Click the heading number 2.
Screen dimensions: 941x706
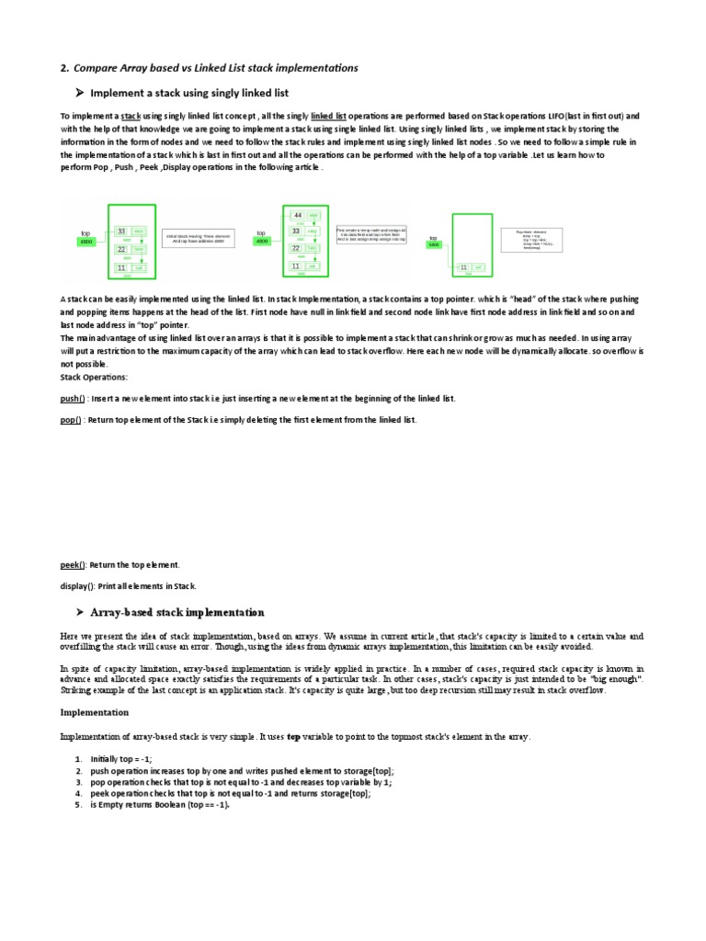click(x=63, y=68)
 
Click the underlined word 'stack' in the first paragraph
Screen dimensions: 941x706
click(x=131, y=117)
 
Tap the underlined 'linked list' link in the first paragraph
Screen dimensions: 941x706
click(x=328, y=117)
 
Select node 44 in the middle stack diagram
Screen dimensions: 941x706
click(x=298, y=215)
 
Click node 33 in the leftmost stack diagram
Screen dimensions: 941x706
click(x=121, y=232)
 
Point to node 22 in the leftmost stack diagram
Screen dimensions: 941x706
click(x=121, y=249)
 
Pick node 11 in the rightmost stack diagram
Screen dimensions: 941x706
click(x=463, y=266)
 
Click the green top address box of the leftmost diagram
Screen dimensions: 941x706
click(x=85, y=242)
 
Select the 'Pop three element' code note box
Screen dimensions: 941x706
click(x=532, y=240)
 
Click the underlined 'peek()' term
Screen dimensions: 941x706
click(x=73, y=564)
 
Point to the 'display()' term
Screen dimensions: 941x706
click(x=77, y=585)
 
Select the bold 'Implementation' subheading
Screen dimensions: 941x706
click(x=95, y=712)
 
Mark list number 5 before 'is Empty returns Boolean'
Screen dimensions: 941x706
click(x=78, y=804)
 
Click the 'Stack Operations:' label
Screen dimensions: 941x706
click(x=94, y=377)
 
